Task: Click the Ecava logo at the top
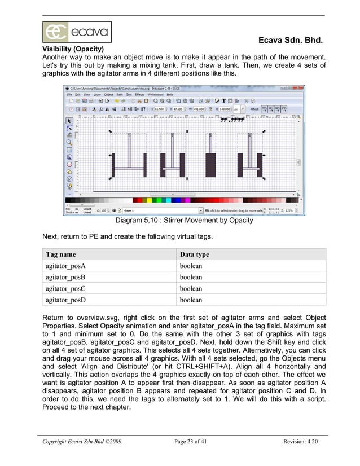[77, 32]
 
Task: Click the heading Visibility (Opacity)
[78, 49]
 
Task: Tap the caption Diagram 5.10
[183, 221]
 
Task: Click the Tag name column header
[60, 254]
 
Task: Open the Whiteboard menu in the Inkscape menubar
[156, 94]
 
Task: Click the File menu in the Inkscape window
[70, 94]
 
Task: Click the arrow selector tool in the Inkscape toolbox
[69, 120]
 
